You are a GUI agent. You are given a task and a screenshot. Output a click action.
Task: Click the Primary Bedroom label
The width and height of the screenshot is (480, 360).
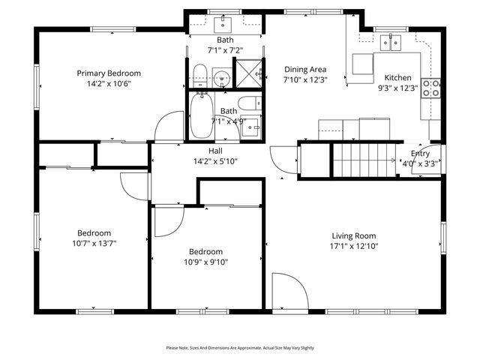109,73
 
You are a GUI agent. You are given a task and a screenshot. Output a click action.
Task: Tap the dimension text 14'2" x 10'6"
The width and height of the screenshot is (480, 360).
109,84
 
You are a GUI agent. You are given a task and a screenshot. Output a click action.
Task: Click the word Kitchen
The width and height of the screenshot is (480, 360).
397,77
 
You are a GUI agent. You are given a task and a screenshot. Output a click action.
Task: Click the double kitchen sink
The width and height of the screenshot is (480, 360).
391,43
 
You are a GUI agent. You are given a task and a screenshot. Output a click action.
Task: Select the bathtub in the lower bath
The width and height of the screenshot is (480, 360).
201,117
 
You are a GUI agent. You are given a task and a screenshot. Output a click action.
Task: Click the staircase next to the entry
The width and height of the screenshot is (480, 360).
363,159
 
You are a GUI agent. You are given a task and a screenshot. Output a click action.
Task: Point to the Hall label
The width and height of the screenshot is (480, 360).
214,151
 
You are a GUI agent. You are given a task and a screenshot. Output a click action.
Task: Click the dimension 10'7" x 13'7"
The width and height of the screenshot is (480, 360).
94,243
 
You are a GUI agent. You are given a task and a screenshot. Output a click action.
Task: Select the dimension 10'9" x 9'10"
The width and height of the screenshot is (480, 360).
205,262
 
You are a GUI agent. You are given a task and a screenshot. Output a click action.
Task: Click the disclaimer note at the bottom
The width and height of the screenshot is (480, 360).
240,348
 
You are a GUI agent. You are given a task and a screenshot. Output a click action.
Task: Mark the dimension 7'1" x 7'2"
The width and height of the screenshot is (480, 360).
224,51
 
